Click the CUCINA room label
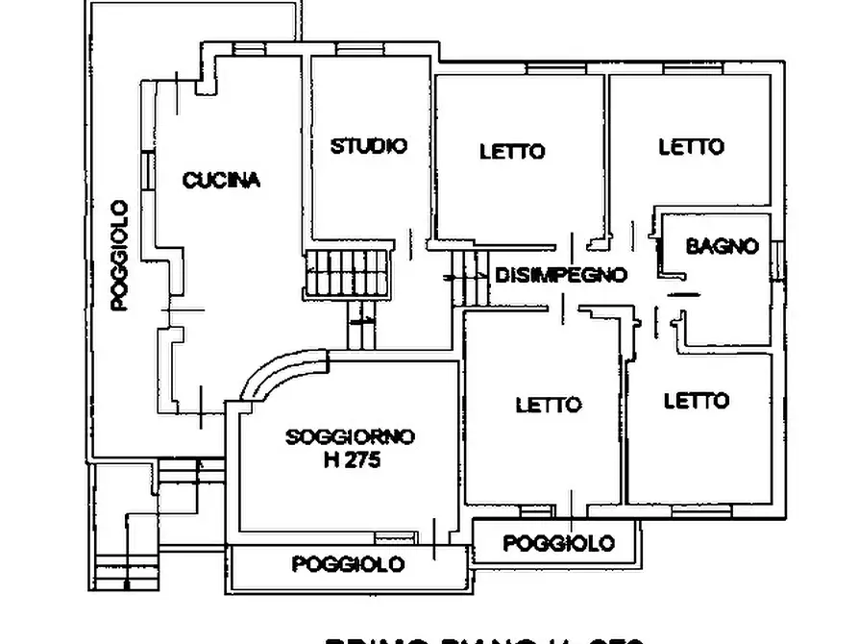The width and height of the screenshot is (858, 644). pyautogui.click(x=220, y=180)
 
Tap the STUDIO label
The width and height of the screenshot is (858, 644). pyautogui.click(x=368, y=146)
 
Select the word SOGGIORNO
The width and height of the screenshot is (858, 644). pyautogui.click(x=350, y=437)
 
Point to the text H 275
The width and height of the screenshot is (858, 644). pyautogui.click(x=353, y=460)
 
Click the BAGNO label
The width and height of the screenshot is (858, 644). pyautogui.click(x=722, y=246)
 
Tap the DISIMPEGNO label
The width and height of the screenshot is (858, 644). pyautogui.click(x=561, y=275)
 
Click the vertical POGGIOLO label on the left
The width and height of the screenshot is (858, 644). pyautogui.click(x=119, y=255)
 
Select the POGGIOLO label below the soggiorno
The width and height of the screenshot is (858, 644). pyautogui.click(x=348, y=564)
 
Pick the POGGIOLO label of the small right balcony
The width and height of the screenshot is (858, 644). pyautogui.click(x=559, y=543)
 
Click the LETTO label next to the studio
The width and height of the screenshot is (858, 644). pyautogui.click(x=511, y=151)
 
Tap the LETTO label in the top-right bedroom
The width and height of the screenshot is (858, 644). pyautogui.click(x=691, y=147)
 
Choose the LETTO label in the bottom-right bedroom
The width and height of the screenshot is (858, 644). pyautogui.click(x=696, y=400)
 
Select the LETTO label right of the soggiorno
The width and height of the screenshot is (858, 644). pyautogui.click(x=548, y=405)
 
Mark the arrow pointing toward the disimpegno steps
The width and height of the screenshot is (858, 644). pyautogui.click(x=452, y=277)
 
